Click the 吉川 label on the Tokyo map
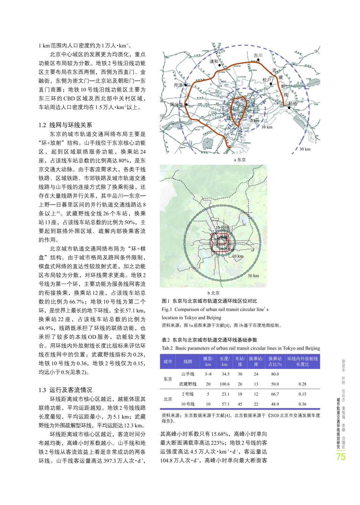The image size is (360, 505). [258, 55]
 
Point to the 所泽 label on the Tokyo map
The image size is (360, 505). [178, 85]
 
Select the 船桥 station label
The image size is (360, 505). [293, 103]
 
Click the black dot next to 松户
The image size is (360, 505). [271, 84]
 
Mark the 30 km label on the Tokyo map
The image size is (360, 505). [305, 149]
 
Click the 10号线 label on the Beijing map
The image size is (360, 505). [222, 228]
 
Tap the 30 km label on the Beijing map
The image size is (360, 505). [253, 275]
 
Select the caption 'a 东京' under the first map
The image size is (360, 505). [239, 159]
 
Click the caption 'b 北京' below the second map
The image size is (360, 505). [213, 293]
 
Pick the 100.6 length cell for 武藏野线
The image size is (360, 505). [224, 384]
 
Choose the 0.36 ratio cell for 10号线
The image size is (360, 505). [302, 404]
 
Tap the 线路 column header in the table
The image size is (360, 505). [188, 361]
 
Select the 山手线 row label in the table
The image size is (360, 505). [188, 374]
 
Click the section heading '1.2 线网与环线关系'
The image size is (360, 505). [65, 125]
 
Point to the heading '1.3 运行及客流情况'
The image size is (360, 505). [65, 390]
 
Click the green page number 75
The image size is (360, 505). [341, 457]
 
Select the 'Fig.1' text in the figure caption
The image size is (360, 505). [167, 309]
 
